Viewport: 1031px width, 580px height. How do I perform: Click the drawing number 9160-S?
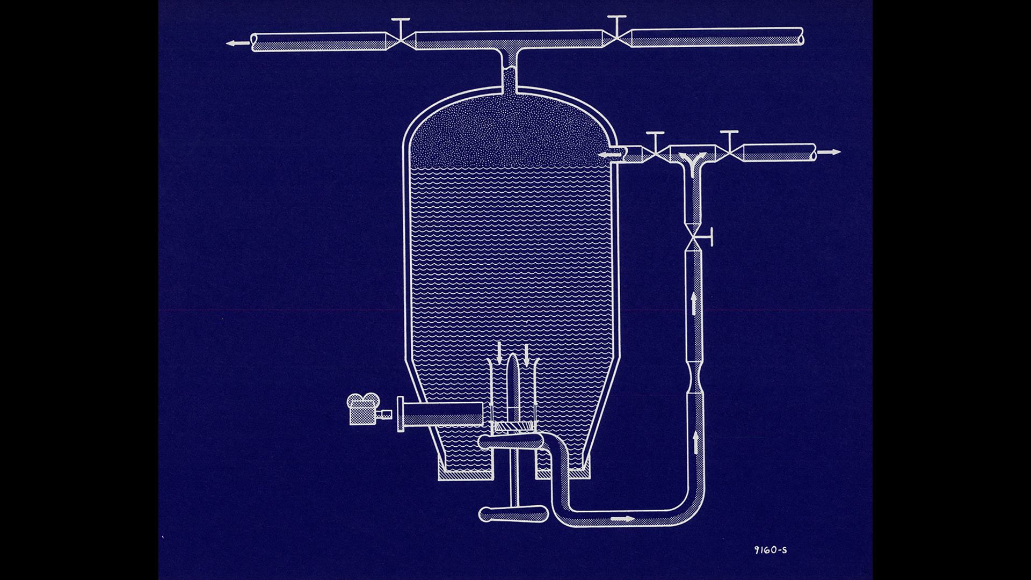click(x=771, y=550)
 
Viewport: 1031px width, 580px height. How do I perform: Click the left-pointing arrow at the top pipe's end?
click(x=238, y=43)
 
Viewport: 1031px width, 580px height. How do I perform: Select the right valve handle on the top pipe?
click(x=616, y=25)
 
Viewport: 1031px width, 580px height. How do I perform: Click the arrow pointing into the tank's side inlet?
click(x=610, y=155)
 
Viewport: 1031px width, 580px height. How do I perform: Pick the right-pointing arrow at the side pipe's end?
click(x=829, y=152)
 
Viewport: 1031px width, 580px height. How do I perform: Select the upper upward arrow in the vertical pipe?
click(x=694, y=303)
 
